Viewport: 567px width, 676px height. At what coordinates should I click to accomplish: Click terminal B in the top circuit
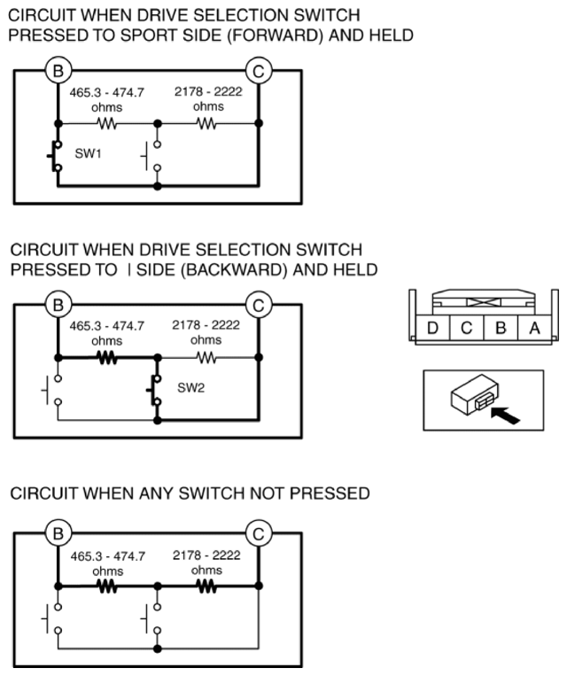coord(58,68)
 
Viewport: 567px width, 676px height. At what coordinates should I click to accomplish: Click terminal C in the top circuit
coord(258,68)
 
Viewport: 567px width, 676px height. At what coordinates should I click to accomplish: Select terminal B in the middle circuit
coord(58,306)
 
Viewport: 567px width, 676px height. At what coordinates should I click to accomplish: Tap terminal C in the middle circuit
coord(258,306)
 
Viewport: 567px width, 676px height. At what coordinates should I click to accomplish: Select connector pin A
coord(533,329)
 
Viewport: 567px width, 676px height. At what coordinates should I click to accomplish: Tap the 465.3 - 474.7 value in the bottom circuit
coord(107,556)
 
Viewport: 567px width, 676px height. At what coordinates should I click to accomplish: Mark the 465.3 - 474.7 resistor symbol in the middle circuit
coord(107,360)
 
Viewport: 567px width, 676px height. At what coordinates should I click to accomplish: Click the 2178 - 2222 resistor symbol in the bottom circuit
coord(206,587)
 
